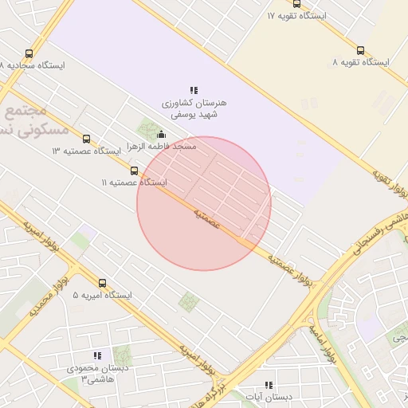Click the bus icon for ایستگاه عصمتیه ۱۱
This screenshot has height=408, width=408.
point(134,170)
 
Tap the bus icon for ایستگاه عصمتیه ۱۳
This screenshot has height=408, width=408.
point(86,139)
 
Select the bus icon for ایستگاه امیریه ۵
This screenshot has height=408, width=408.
point(102,283)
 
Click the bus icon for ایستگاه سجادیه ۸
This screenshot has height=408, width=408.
point(29,53)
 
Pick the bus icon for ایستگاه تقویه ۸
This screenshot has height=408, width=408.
point(361,49)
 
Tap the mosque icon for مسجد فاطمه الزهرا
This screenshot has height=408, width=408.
point(162,134)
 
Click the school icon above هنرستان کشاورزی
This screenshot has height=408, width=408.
point(194,90)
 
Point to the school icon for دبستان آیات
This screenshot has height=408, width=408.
point(269,384)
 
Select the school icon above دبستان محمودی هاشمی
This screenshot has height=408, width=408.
point(97,355)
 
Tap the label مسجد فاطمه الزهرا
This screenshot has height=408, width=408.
point(167,147)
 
